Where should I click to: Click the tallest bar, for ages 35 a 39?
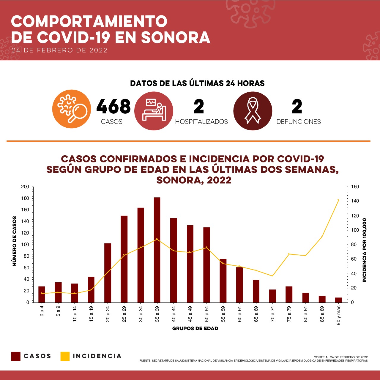pyautogui.click(x=157, y=249)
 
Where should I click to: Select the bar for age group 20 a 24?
pyautogui.click(x=108, y=273)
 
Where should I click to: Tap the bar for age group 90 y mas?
pyautogui.click(x=338, y=300)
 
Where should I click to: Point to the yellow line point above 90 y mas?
pyautogui.click(x=338, y=200)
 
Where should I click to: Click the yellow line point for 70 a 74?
pyautogui.click(x=272, y=276)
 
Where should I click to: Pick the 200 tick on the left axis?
pyautogui.click(x=25, y=187)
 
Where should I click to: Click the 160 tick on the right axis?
pyautogui.click(x=355, y=187)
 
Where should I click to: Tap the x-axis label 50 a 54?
pyautogui.click(x=206, y=313)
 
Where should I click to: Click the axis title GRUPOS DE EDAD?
pyautogui.click(x=195, y=328)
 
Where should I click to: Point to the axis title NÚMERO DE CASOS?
pyautogui.click(x=14, y=241)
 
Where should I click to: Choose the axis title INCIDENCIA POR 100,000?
pyautogui.click(x=364, y=250)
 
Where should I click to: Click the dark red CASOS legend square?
pyautogui.click(x=16, y=356)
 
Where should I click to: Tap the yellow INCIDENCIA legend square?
pyautogui.click(x=65, y=356)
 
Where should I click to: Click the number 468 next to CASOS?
pyautogui.click(x=113, y=106)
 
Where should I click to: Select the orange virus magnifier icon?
pyautogui.click(x=72, y=109)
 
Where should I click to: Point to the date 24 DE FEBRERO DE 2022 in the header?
pyautogui.click(x=59, y=50)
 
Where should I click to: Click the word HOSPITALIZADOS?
pyautogui.click(x=201, y=122)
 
